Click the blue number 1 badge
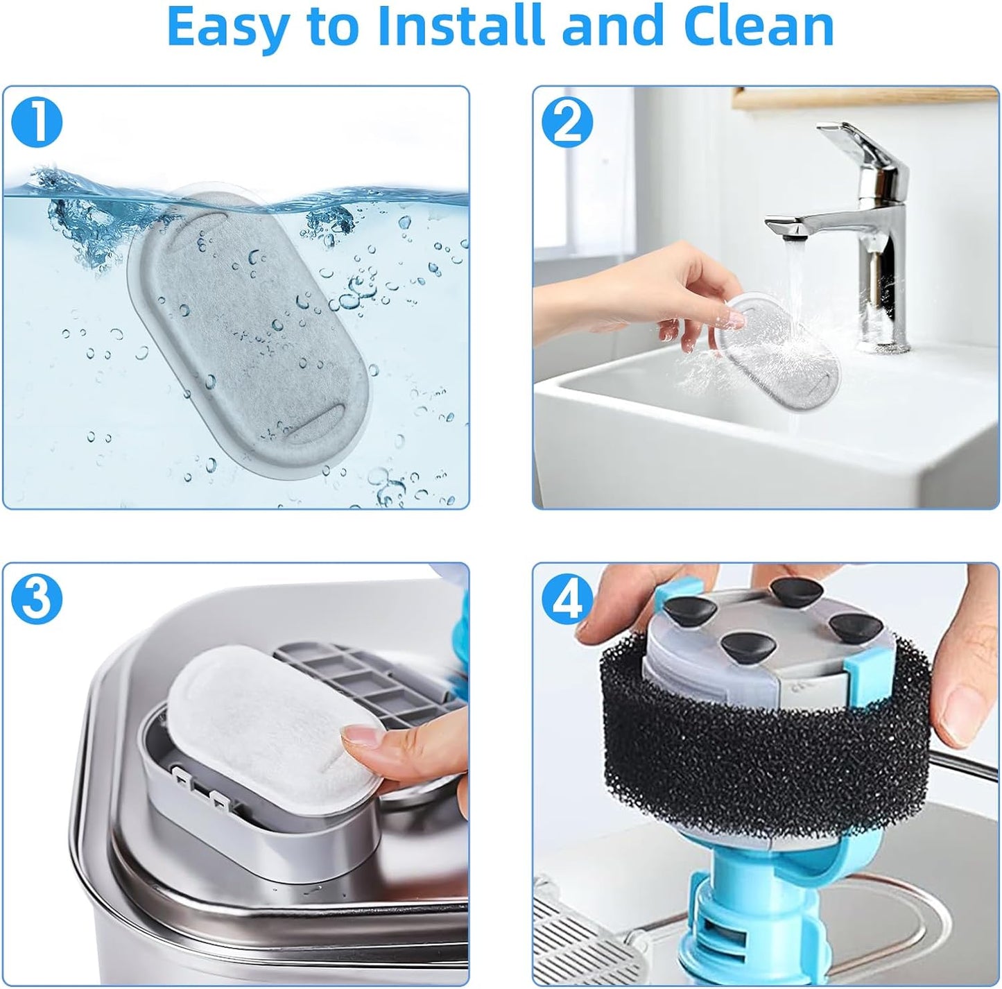click(x=36, y=123)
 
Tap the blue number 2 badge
click(x=567, y=123)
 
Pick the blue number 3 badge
click(x=36, y=600)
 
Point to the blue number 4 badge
click(x=567, y=600)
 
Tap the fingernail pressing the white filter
click(x=361, y=734)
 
